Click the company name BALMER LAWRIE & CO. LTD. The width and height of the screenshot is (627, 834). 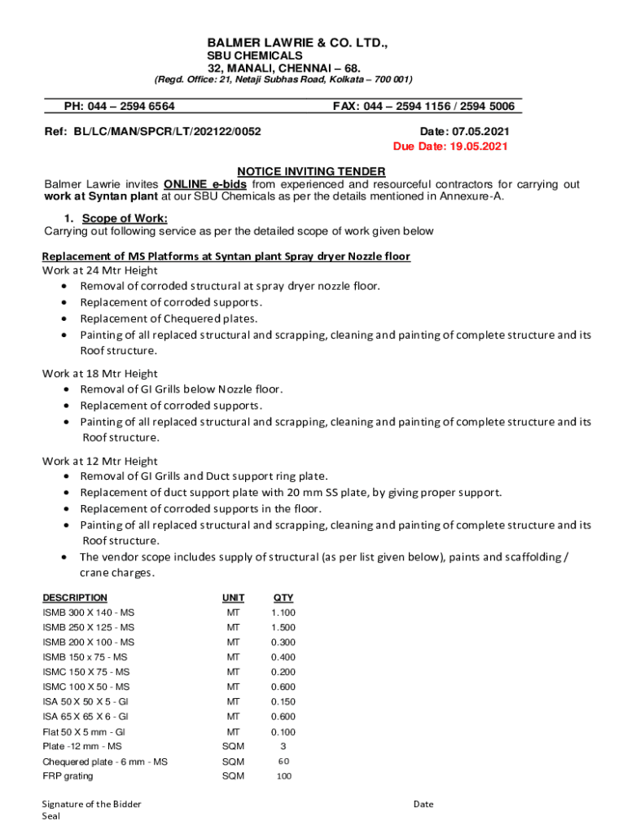pos(297,41)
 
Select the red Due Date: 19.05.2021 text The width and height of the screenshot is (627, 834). pos(450,147)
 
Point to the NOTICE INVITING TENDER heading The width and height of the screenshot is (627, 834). pos(311,172)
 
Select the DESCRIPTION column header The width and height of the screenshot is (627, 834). pos(75,598)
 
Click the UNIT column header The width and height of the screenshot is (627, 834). pos(233,598)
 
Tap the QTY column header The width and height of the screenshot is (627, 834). pos(283,598)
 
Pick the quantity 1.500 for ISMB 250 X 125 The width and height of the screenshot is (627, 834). pos(283,628)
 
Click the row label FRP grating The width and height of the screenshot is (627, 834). pos(68,776)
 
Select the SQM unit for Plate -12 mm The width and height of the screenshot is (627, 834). pos(233,746)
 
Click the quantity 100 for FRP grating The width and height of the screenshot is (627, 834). pos(283,776)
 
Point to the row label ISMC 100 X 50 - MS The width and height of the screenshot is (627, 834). pos(85,687)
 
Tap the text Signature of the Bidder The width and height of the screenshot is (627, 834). pos(92,804)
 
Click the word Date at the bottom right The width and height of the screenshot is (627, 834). pos(423,804)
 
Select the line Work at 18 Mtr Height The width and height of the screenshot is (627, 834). pos(100,373)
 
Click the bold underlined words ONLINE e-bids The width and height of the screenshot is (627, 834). pos(200,185)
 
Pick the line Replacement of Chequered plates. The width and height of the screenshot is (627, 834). pos(168,318)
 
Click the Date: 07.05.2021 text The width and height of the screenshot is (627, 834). pos(465,131)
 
